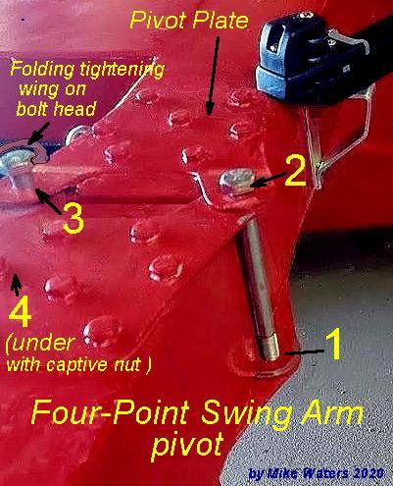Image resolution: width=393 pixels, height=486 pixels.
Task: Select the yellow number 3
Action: pos(73,218)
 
